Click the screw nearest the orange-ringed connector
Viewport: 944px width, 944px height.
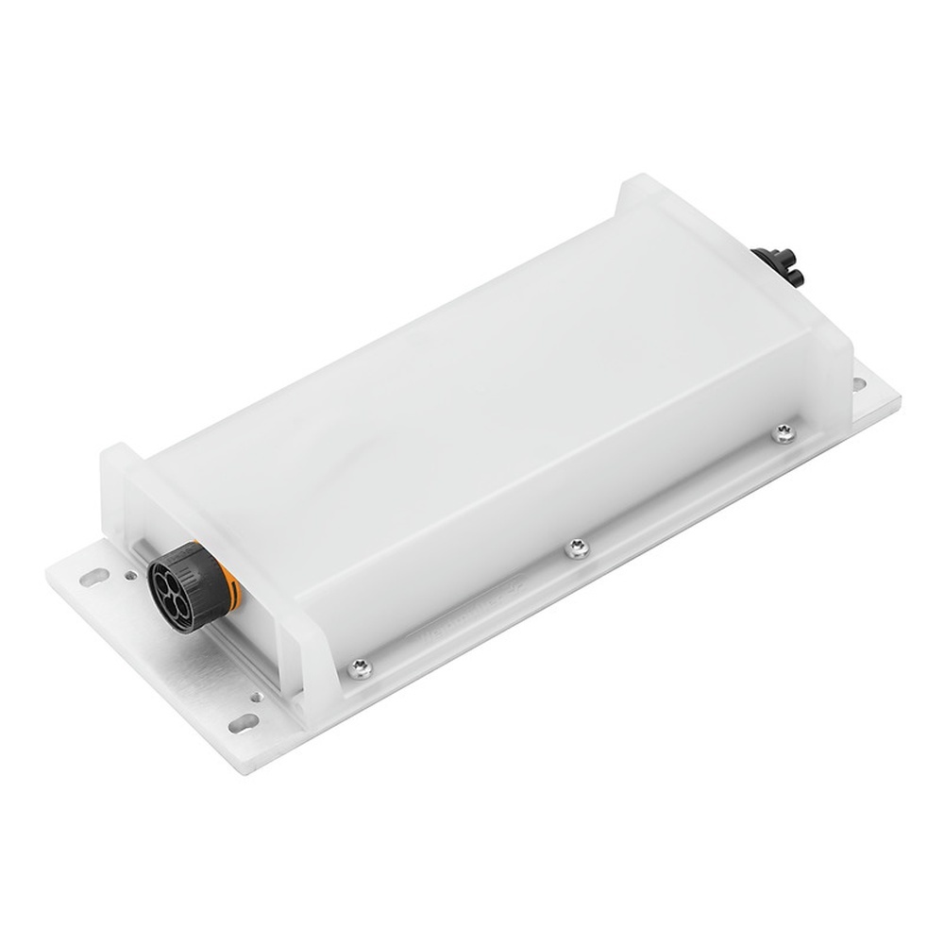click(x=359, y=668)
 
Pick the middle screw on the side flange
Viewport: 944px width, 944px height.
click(x=577, y=548)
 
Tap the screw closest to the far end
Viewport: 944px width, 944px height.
click(x=784, y=433)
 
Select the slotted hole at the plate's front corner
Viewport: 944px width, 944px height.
click(x=244, y=723)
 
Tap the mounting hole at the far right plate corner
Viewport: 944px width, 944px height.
click(x=859, y=384)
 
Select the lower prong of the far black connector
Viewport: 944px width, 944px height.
click(x=795, y=278)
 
